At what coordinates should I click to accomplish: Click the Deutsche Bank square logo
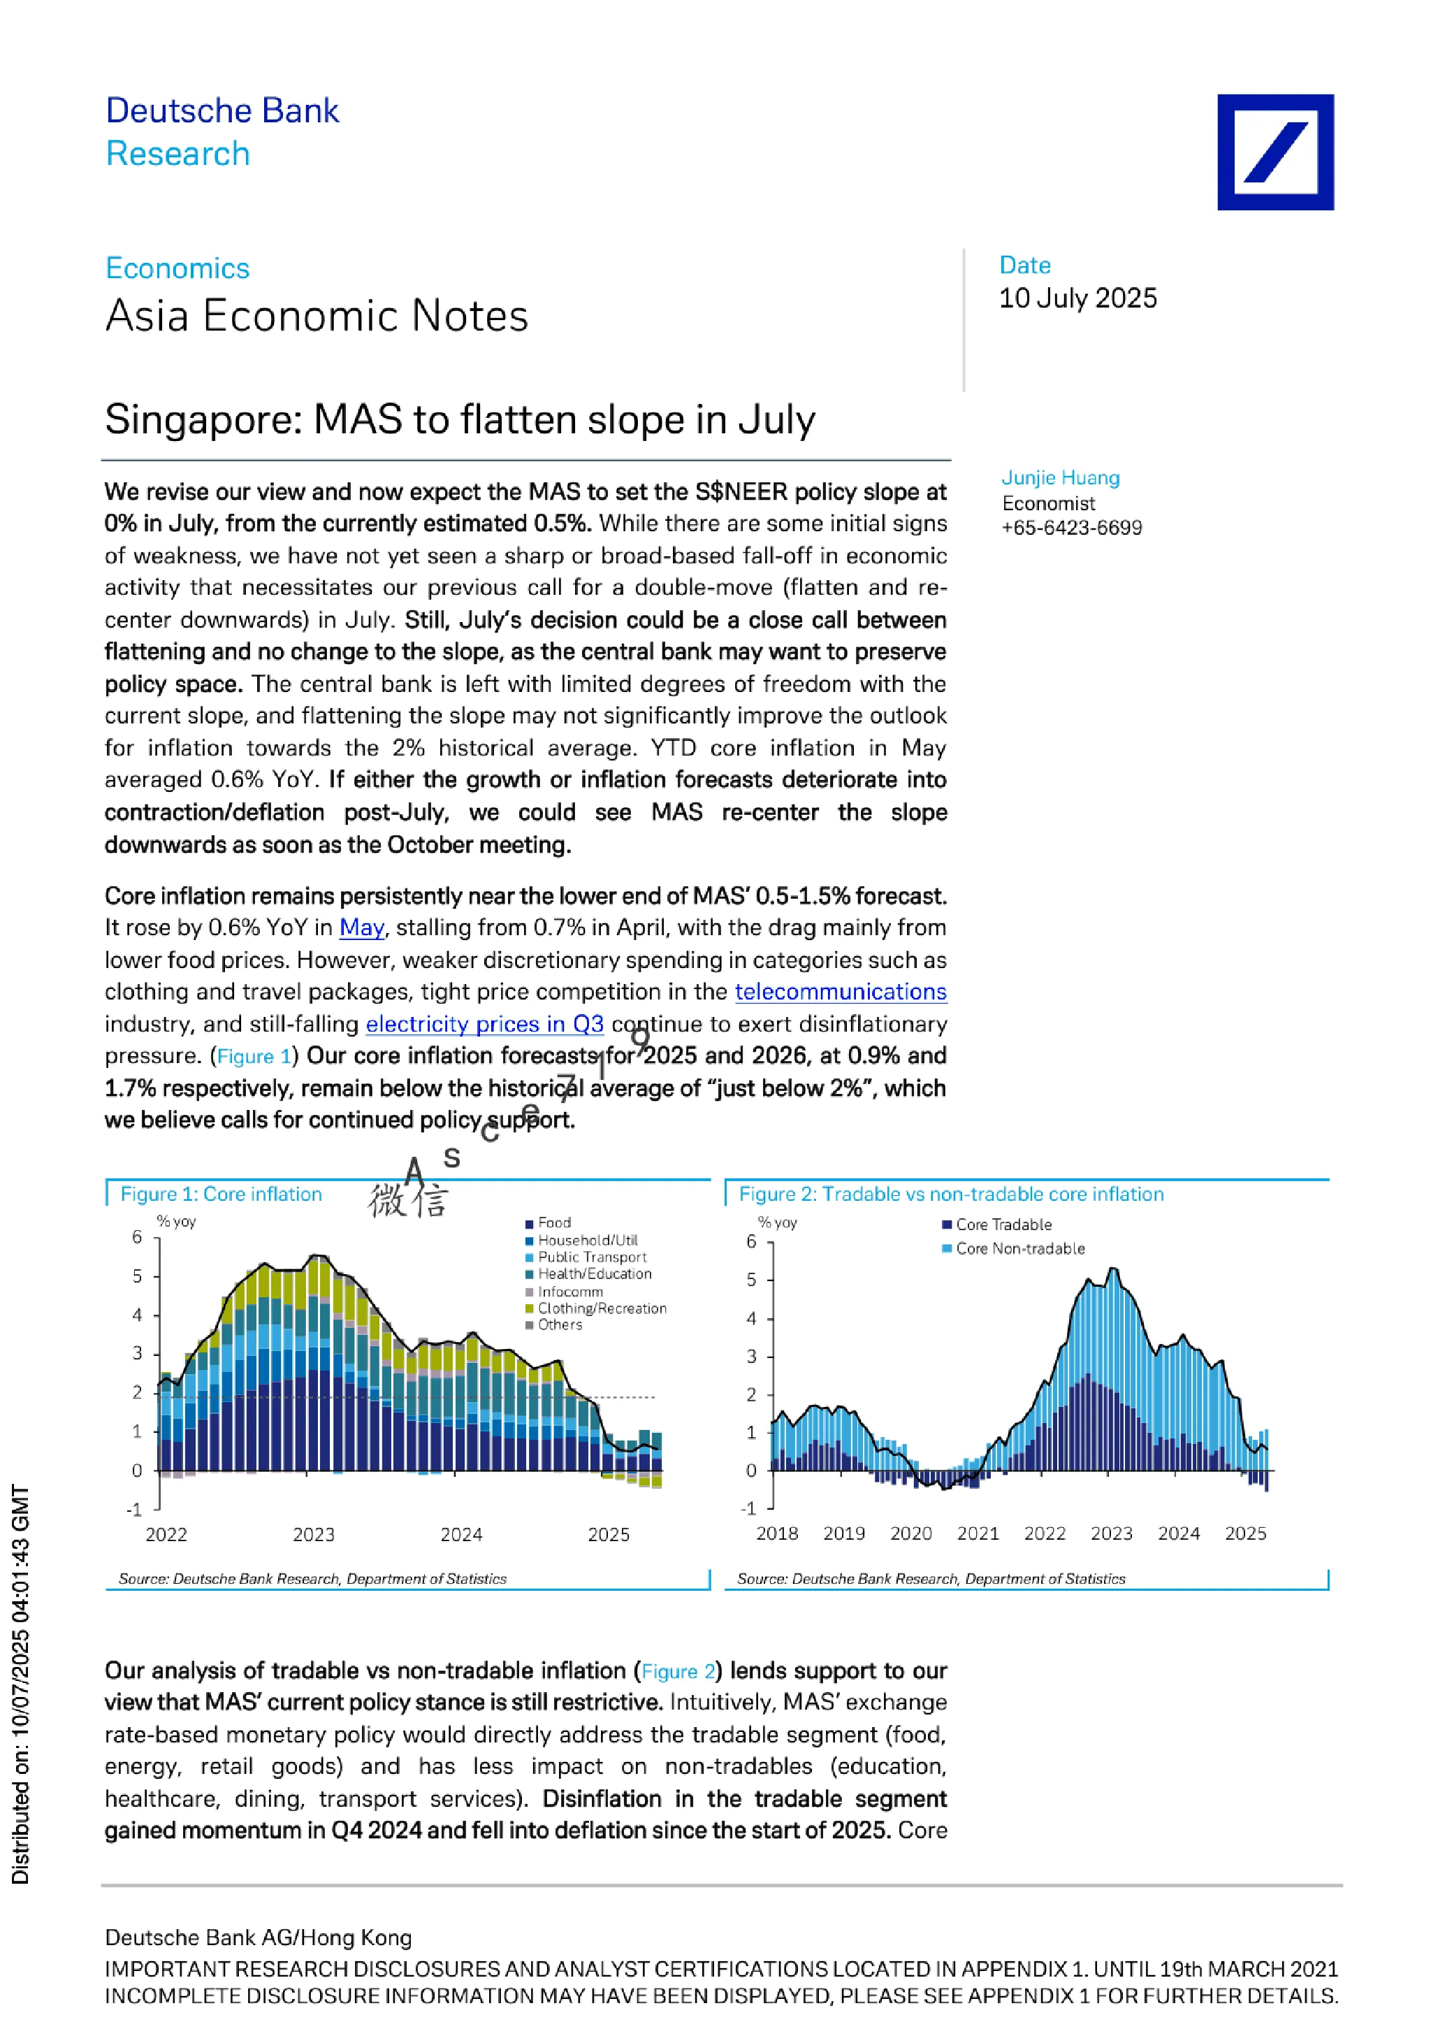coord(1275,152)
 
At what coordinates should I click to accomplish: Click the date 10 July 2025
coord(1077,298)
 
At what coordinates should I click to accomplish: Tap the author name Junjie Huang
coord(1061,478)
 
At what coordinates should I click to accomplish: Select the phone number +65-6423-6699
coord(1072,528)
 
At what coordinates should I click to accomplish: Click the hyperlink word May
coord(362,928)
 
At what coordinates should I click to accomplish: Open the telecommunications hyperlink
coord(841,991)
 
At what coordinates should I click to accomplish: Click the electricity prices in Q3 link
coord(485,1024)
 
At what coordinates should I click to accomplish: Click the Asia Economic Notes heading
coord(317,316)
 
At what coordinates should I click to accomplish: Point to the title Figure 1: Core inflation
coord(222,1194)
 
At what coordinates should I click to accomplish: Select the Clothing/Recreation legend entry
coord(596,1308)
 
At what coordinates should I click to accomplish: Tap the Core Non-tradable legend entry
coord(1015,1248)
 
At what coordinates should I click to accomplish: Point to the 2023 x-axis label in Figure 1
coord(314,1535)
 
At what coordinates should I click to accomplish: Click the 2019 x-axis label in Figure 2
coord(844,1534)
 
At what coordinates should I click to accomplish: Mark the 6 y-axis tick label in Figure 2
coord(752,1241)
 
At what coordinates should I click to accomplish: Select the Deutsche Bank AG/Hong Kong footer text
coord(258,1938)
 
